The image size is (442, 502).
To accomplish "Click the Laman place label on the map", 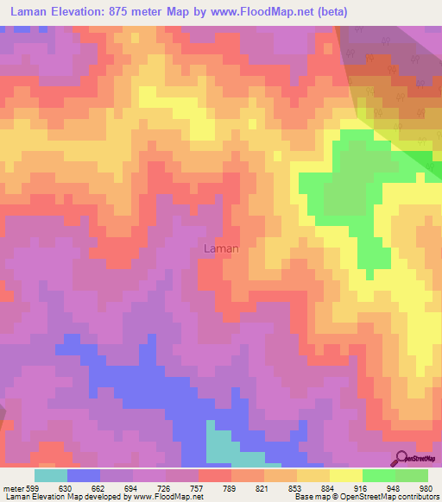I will click(x=220, y=248).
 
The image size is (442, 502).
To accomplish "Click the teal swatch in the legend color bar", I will click(x=51, y=475).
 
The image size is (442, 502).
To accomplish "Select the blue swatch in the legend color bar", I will click(x=84, y=475).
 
